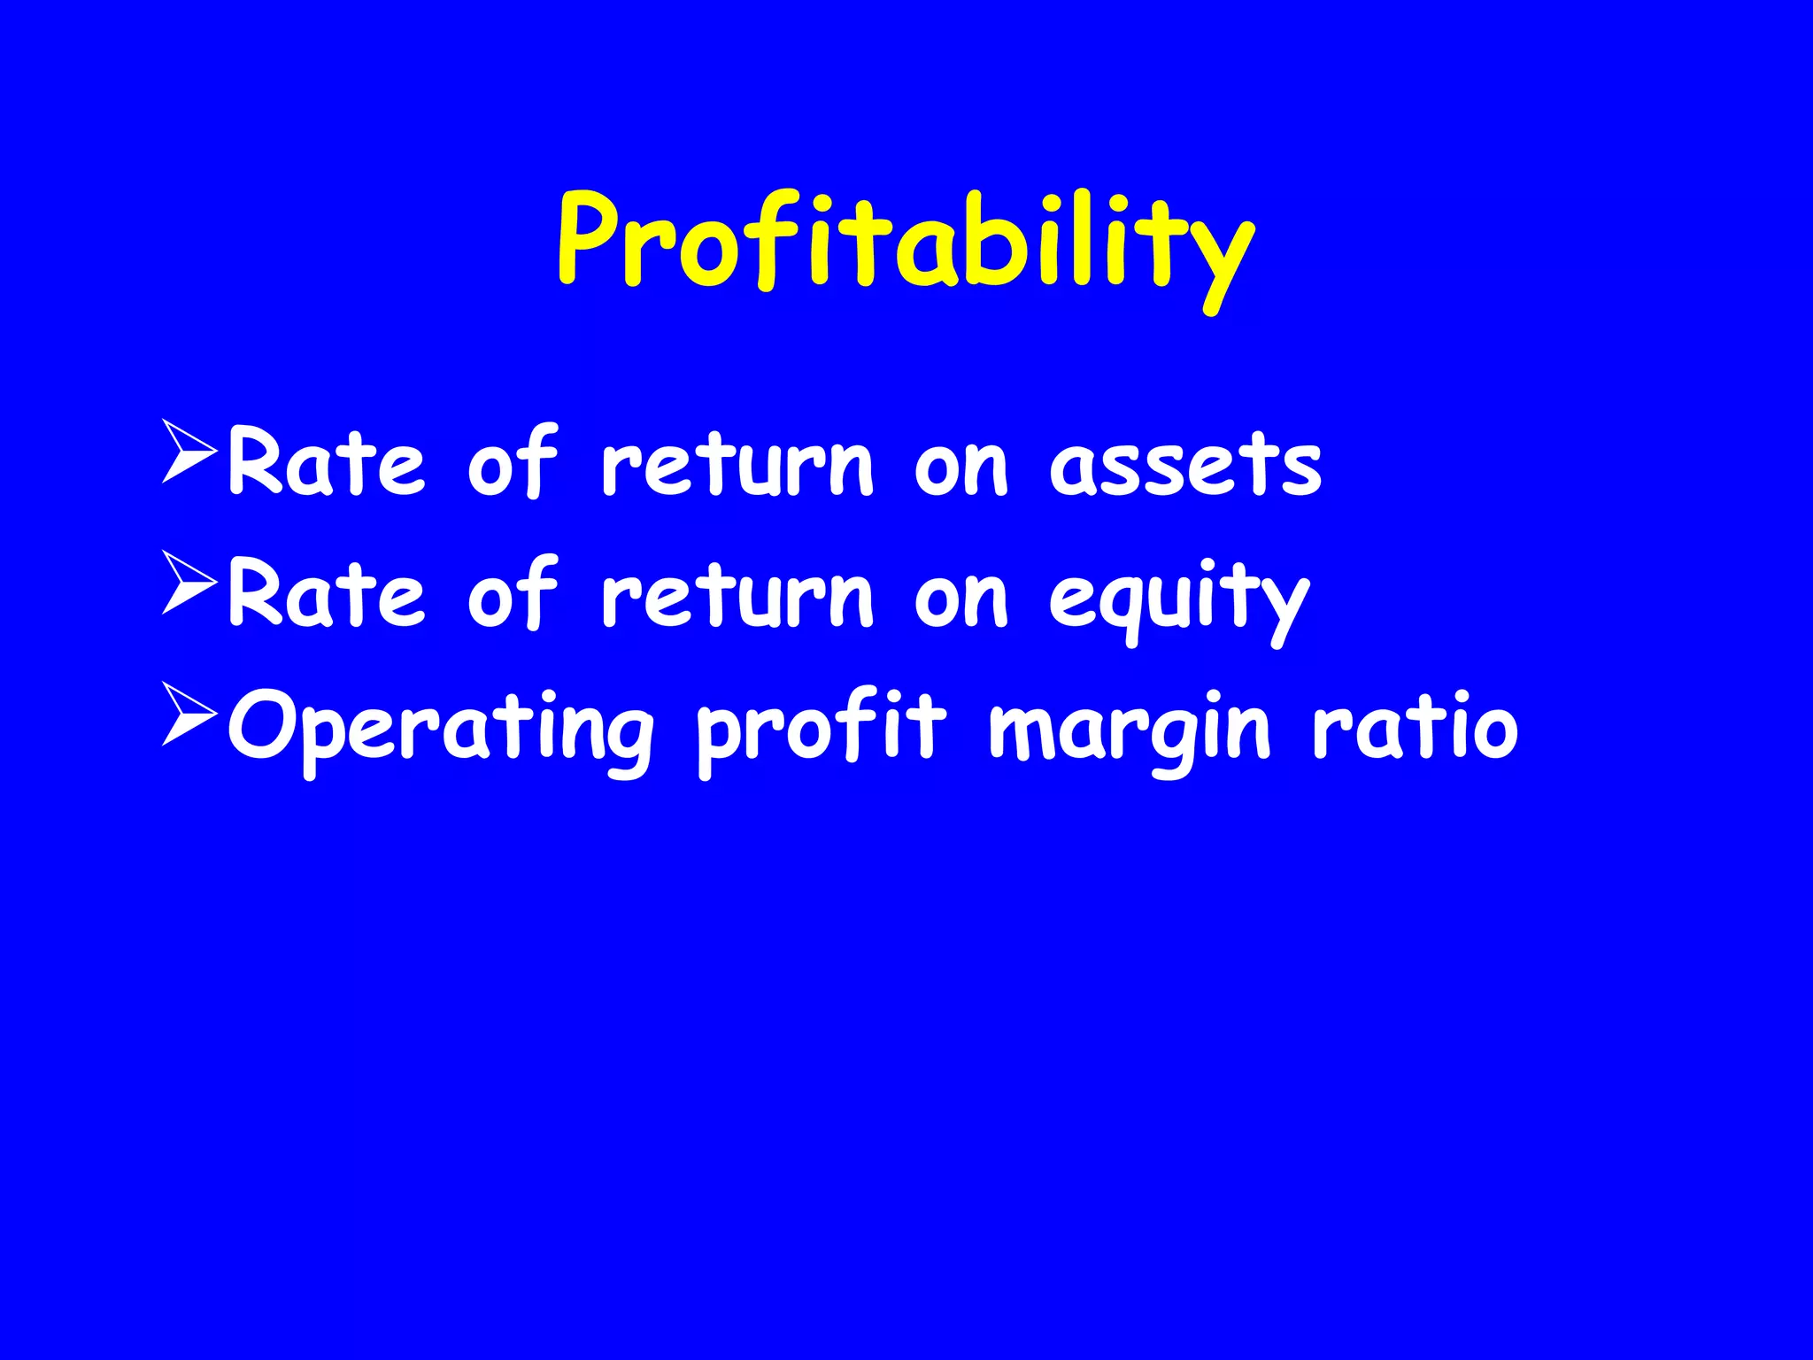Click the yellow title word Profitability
coord(905,243)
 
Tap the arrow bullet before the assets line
coord(189,452)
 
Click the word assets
coord(1184,466)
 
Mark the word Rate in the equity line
coord(326,593)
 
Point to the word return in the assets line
coord(737,464)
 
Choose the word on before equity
coord(961,599)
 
